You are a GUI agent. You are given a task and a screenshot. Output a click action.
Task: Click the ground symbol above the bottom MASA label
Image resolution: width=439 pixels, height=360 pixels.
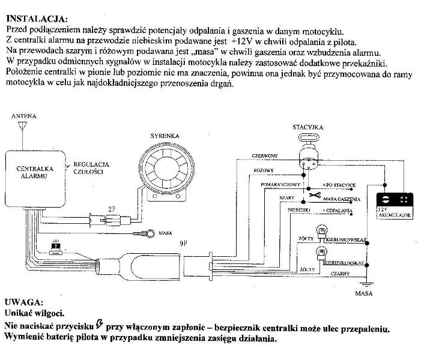pyautogui.click(x=364, y=282)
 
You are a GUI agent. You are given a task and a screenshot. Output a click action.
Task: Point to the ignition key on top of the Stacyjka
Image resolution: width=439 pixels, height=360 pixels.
pyautogui.click(x=309, y=138)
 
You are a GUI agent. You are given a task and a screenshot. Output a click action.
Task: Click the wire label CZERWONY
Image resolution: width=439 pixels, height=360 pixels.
pyautogui.click(x=265, y=155)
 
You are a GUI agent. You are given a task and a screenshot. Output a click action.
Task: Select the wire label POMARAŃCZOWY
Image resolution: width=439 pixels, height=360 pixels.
pyautogui.click(x=280, y=184)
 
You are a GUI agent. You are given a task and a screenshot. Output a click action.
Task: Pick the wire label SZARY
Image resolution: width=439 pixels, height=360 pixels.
pyautogui.click(x=287, y=197)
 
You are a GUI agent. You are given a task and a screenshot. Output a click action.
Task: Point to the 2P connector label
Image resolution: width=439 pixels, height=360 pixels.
pyautogui.click(x=112, y=209)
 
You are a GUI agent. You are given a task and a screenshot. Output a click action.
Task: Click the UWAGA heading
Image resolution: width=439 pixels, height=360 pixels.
pyautogui.click(x=23, y=302)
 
